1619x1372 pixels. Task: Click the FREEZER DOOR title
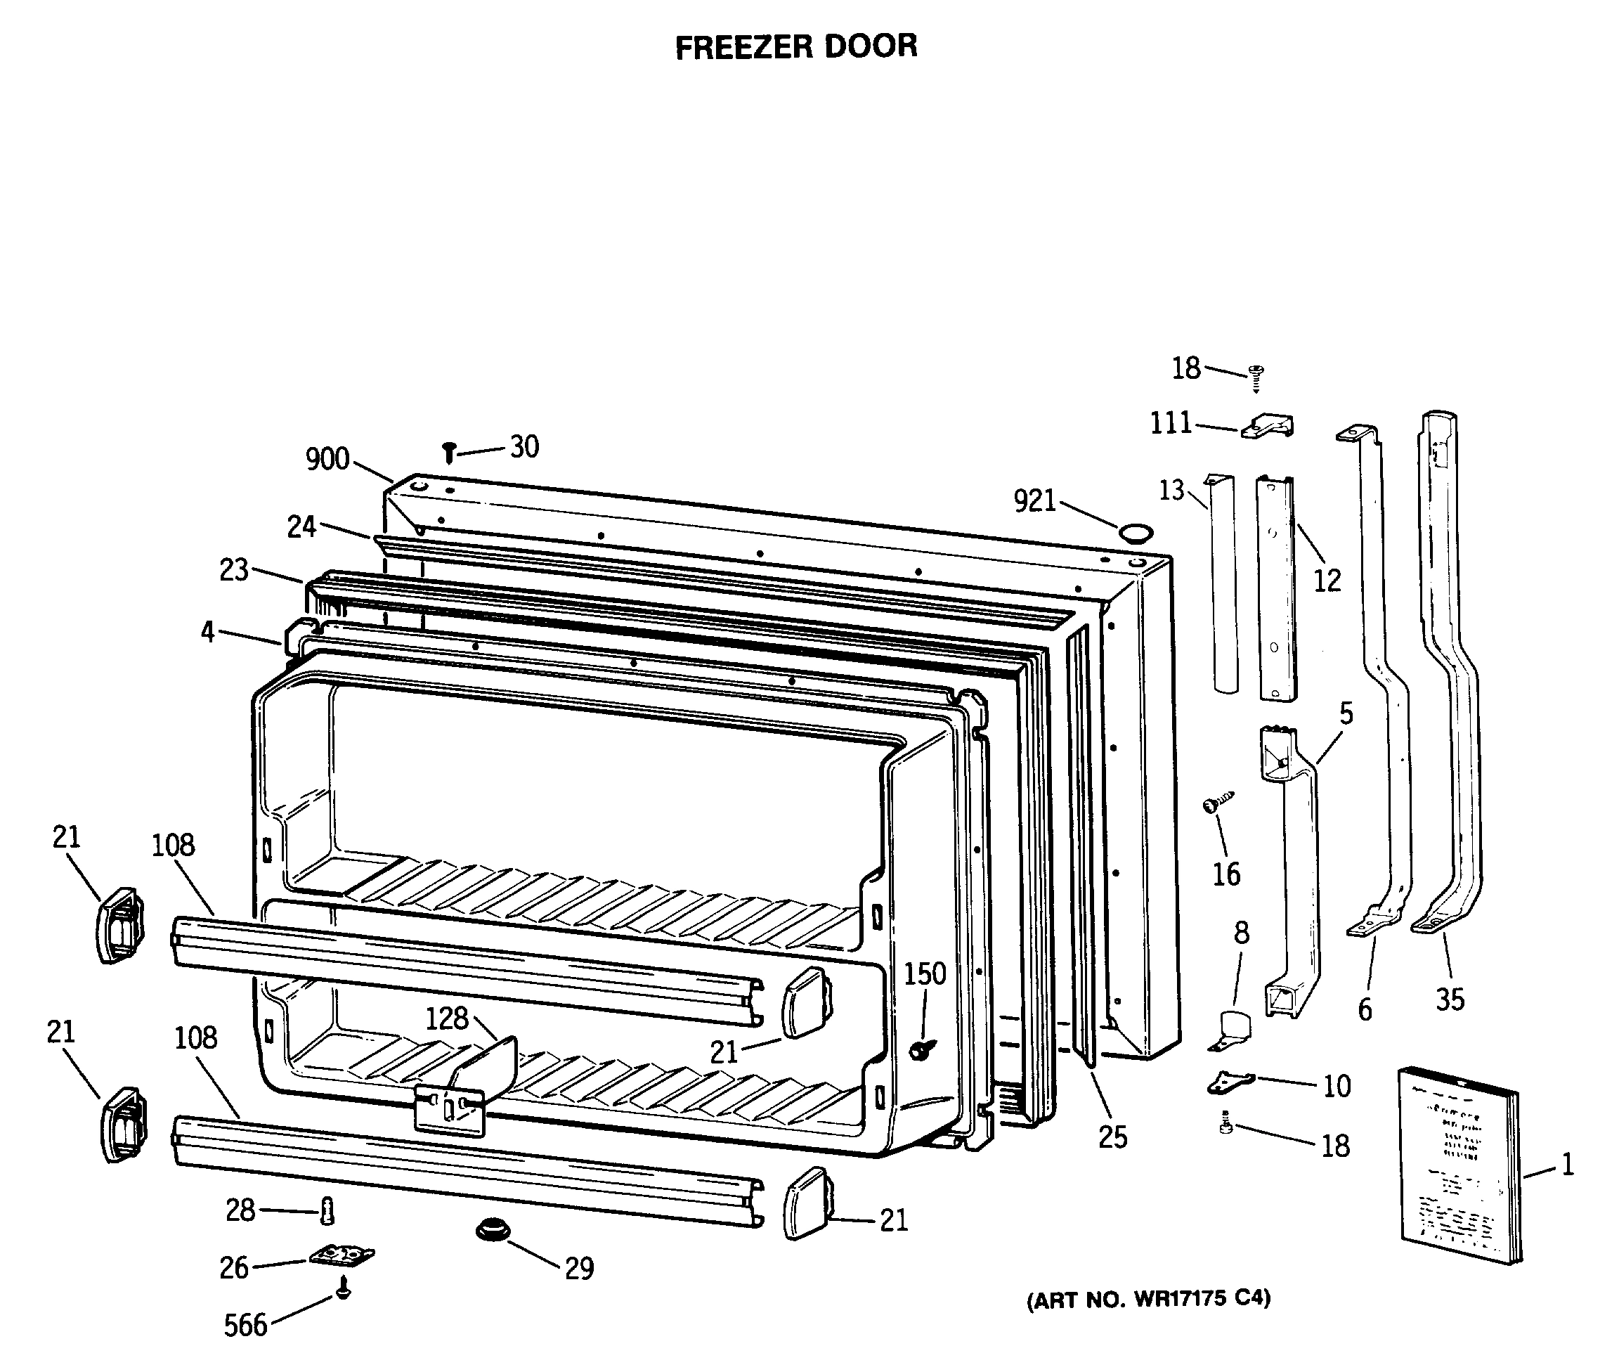point(795,46)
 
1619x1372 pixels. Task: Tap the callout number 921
point(1034,502)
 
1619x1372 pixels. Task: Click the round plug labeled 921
point(1136,533)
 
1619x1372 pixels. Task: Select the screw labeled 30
point(449,452)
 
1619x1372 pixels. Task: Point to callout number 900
point(327,460)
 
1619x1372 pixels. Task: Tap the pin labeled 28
point(327,1211)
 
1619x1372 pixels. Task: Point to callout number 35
point(1450,999)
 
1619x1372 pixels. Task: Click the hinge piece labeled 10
point(1230,1081)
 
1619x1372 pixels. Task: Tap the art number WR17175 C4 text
point(1148,1300)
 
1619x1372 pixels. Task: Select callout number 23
point(234,570)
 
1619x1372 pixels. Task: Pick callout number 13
point(1171,491)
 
